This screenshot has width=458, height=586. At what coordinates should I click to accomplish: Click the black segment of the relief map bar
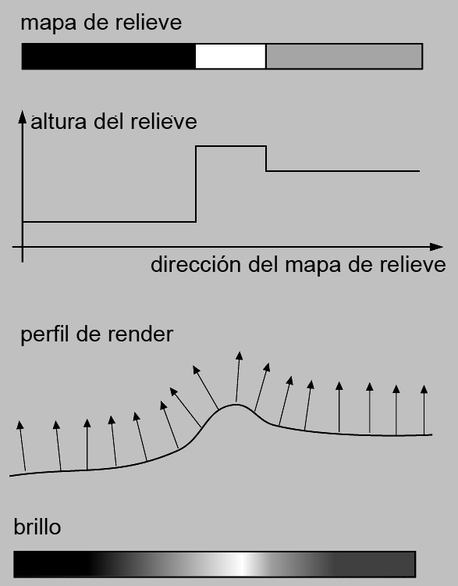(x=108, y=56)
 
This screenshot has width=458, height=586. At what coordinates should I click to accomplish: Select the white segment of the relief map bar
(x=231, y=56)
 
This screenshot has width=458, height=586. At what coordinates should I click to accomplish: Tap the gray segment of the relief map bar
(x=344, y=56)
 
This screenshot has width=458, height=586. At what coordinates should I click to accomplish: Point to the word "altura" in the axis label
(x=59, y=122)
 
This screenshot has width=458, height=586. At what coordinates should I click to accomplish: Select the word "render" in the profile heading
(x=140, y=334)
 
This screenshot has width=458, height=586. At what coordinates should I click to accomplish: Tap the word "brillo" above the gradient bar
(x=37, y=527)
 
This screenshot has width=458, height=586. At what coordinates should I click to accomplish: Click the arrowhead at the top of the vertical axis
(x=23, y=116)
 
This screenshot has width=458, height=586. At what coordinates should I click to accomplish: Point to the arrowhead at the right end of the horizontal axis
(x=436, y=247)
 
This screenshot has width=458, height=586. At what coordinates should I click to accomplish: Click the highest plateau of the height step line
(x=231, y=146)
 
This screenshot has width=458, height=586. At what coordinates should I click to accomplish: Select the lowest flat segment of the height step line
(x=109, y=222)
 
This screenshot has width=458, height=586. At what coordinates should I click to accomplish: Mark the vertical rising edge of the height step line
(x=196, y=184)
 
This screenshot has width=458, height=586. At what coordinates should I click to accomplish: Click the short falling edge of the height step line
(x=266, y=159)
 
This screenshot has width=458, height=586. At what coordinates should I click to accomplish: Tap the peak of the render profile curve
(x=236, y=405)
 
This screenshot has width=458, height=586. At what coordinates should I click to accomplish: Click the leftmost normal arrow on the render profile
(x=23, y=446)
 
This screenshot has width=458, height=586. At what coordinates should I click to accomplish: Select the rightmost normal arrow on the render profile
(x=424, y=410)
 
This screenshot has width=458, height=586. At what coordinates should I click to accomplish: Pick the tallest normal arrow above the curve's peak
(x=238, y=377)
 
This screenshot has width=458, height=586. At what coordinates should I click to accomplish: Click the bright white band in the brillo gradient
(x=243, y=564)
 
